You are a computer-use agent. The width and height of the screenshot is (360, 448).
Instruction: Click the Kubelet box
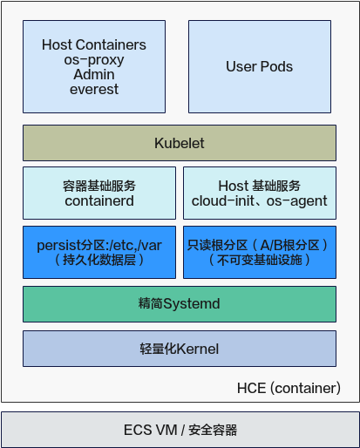tap(180, 143)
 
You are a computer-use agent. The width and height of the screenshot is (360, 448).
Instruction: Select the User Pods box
tap(260, 66)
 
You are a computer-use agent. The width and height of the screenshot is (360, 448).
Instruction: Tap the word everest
tap(94, 89)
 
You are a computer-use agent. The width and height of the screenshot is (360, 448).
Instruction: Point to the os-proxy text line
tap(94, 60)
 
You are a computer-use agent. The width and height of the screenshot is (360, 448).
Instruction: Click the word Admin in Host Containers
tap(94, 74)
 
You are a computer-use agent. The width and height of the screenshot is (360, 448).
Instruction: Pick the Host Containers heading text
tap(94, 44)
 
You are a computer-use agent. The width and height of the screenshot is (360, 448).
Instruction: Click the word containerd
tap(99, 201)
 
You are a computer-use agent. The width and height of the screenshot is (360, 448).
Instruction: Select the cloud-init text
tap(223, 201)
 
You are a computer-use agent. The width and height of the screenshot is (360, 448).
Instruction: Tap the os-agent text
tap(297, 201)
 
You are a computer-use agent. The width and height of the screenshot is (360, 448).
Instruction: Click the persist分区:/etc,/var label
tap(99, 246)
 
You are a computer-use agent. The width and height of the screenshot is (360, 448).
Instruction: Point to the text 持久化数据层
tap(99, 260)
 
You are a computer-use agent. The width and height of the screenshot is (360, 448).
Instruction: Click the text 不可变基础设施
tap(260, 260)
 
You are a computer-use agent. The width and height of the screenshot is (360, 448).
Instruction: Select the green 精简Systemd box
tap(180, 304)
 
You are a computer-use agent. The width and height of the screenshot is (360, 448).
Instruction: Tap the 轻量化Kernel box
tap(180, 349)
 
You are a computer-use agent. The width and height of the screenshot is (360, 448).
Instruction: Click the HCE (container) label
tap(289, 388)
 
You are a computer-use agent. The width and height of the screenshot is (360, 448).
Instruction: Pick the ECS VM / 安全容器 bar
tap(180, 430)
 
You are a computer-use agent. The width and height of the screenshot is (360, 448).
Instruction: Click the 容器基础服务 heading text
tap(99, 186)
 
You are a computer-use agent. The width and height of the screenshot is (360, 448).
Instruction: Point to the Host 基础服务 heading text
tap(260, 186)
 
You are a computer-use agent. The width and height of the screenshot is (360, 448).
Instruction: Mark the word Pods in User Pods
tap(276, 66)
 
